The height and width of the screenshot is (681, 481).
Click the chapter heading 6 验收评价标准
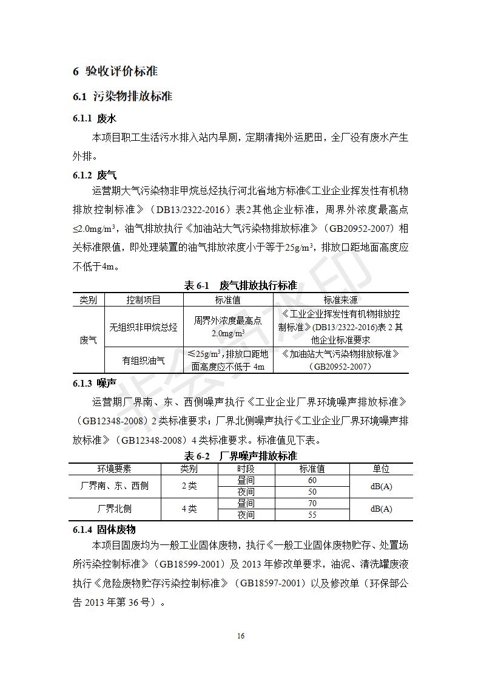coord(115,71)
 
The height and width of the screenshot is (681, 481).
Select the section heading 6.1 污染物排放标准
coord(123,96)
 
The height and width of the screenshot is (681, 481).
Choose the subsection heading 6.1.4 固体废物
coord(104,530)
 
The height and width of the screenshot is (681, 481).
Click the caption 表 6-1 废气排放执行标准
coord(240,285)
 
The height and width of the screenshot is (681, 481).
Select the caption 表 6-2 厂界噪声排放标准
coord(240,456)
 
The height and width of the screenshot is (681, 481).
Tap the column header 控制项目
coord(143,300)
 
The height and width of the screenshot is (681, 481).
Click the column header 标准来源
coord(340,300)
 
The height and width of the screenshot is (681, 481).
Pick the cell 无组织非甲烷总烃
coord(143,327)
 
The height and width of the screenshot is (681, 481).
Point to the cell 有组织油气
coord(143,361)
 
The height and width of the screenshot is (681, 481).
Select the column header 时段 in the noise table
coord(246,469)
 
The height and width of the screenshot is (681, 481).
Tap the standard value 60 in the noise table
coord(312,480)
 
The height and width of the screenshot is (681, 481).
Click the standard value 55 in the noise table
coord(312,515)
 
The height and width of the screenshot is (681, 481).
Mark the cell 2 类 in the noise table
coord(189,486)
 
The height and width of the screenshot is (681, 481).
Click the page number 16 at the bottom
coord(241,635)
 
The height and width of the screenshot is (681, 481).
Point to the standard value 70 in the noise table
coord(312,503)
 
